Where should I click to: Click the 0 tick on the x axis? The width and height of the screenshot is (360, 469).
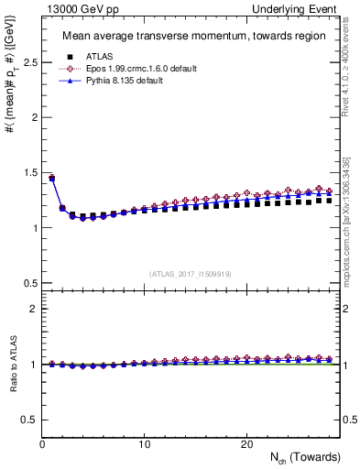[42, 444]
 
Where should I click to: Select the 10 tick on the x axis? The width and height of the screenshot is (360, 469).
[144, 444]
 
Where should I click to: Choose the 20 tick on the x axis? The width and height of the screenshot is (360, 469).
[245, 444]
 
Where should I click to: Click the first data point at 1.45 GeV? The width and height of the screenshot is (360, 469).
[52, 178]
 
